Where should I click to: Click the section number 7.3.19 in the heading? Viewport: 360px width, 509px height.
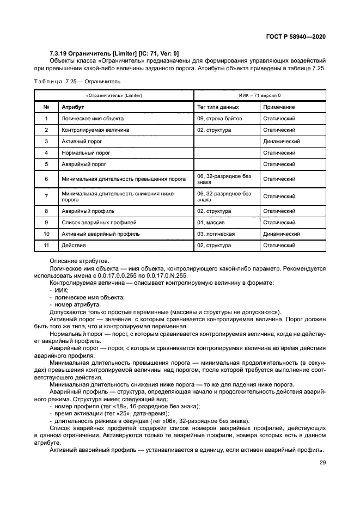[59, 53]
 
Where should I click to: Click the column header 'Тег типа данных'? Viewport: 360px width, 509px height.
[218, 107]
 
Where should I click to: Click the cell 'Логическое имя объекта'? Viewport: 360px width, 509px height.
[93, 119]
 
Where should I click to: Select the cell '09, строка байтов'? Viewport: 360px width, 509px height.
[219, 119]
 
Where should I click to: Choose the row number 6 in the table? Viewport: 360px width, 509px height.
[46, 179]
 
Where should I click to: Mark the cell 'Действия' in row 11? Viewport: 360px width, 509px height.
[73, 246]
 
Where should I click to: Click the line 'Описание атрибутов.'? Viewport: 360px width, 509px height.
[75, 261]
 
